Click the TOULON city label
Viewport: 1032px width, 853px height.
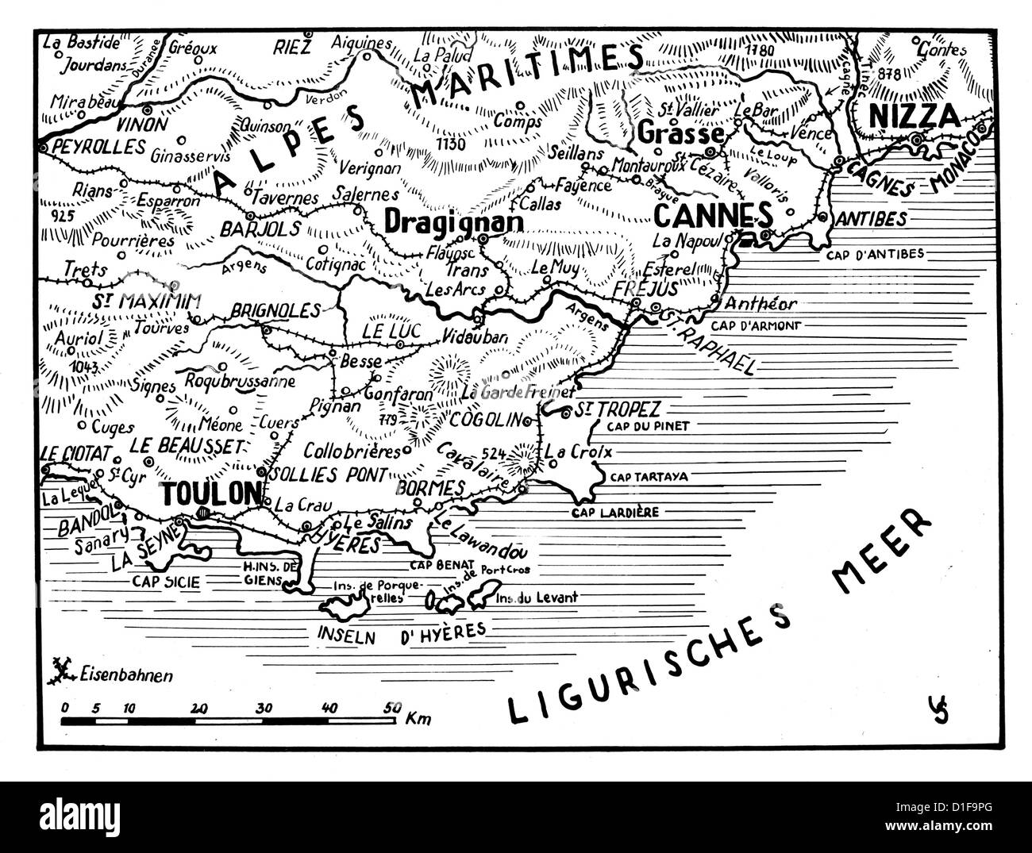click(x=210, y=493)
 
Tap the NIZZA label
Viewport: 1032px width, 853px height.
click(x=915, y=116)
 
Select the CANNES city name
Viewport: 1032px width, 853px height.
click(x=712, y=214)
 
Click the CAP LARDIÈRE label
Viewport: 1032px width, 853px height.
click(x=615, y=513)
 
